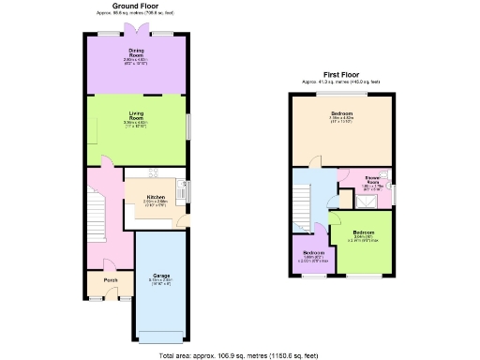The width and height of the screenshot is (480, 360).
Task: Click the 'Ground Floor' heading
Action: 136,5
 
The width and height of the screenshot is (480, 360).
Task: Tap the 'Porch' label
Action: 111,280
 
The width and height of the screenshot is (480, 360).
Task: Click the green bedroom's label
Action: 364,233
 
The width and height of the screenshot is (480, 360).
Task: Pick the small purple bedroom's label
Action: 313,254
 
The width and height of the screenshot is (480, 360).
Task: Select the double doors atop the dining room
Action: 135,32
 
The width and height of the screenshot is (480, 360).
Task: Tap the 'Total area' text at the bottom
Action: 240,355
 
